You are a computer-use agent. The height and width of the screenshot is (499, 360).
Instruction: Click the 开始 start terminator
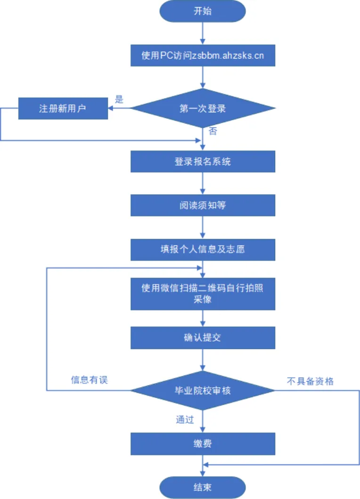click(x=203, y=11)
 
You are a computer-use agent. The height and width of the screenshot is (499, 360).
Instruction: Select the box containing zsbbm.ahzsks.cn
click(x=203, y=56)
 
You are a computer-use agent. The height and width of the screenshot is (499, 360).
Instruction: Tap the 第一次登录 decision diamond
click(x=203, y=108)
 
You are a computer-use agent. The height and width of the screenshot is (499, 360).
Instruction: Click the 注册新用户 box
click(x=63, y=108)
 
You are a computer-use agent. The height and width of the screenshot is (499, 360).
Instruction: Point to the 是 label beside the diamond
click(x=119, y=100)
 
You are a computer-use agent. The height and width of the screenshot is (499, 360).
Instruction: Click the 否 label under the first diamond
click(x=213, y=132)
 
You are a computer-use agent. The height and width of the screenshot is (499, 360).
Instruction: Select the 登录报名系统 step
click(x=203, y=161)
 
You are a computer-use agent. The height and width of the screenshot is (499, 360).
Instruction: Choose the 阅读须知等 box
click(x=203, y=205)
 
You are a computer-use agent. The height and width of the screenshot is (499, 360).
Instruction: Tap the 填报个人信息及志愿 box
click(x=203, y=249)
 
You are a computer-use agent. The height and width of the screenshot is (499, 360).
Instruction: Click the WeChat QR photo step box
click(x=203, y=293)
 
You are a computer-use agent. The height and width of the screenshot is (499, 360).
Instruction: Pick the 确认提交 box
click(x=203, y=337)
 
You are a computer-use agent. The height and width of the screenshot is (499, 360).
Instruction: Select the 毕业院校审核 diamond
click(x=203, y=391)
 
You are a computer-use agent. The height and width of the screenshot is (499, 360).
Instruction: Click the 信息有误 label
click(x=90, y=380)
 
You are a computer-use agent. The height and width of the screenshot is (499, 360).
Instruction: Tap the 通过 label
click(x=185, y=419)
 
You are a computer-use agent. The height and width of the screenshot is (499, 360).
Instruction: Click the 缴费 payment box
click(x=203, y=444)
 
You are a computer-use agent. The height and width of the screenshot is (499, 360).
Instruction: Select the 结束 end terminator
click(x=203, y=487)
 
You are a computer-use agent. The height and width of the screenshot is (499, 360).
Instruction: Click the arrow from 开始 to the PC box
click(x=203, y=33)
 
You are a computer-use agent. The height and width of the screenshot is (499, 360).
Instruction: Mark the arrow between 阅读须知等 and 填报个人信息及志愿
click(x=203, y=227)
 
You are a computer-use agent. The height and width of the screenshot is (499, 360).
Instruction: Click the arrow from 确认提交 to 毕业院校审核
click(x=203, y=359)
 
